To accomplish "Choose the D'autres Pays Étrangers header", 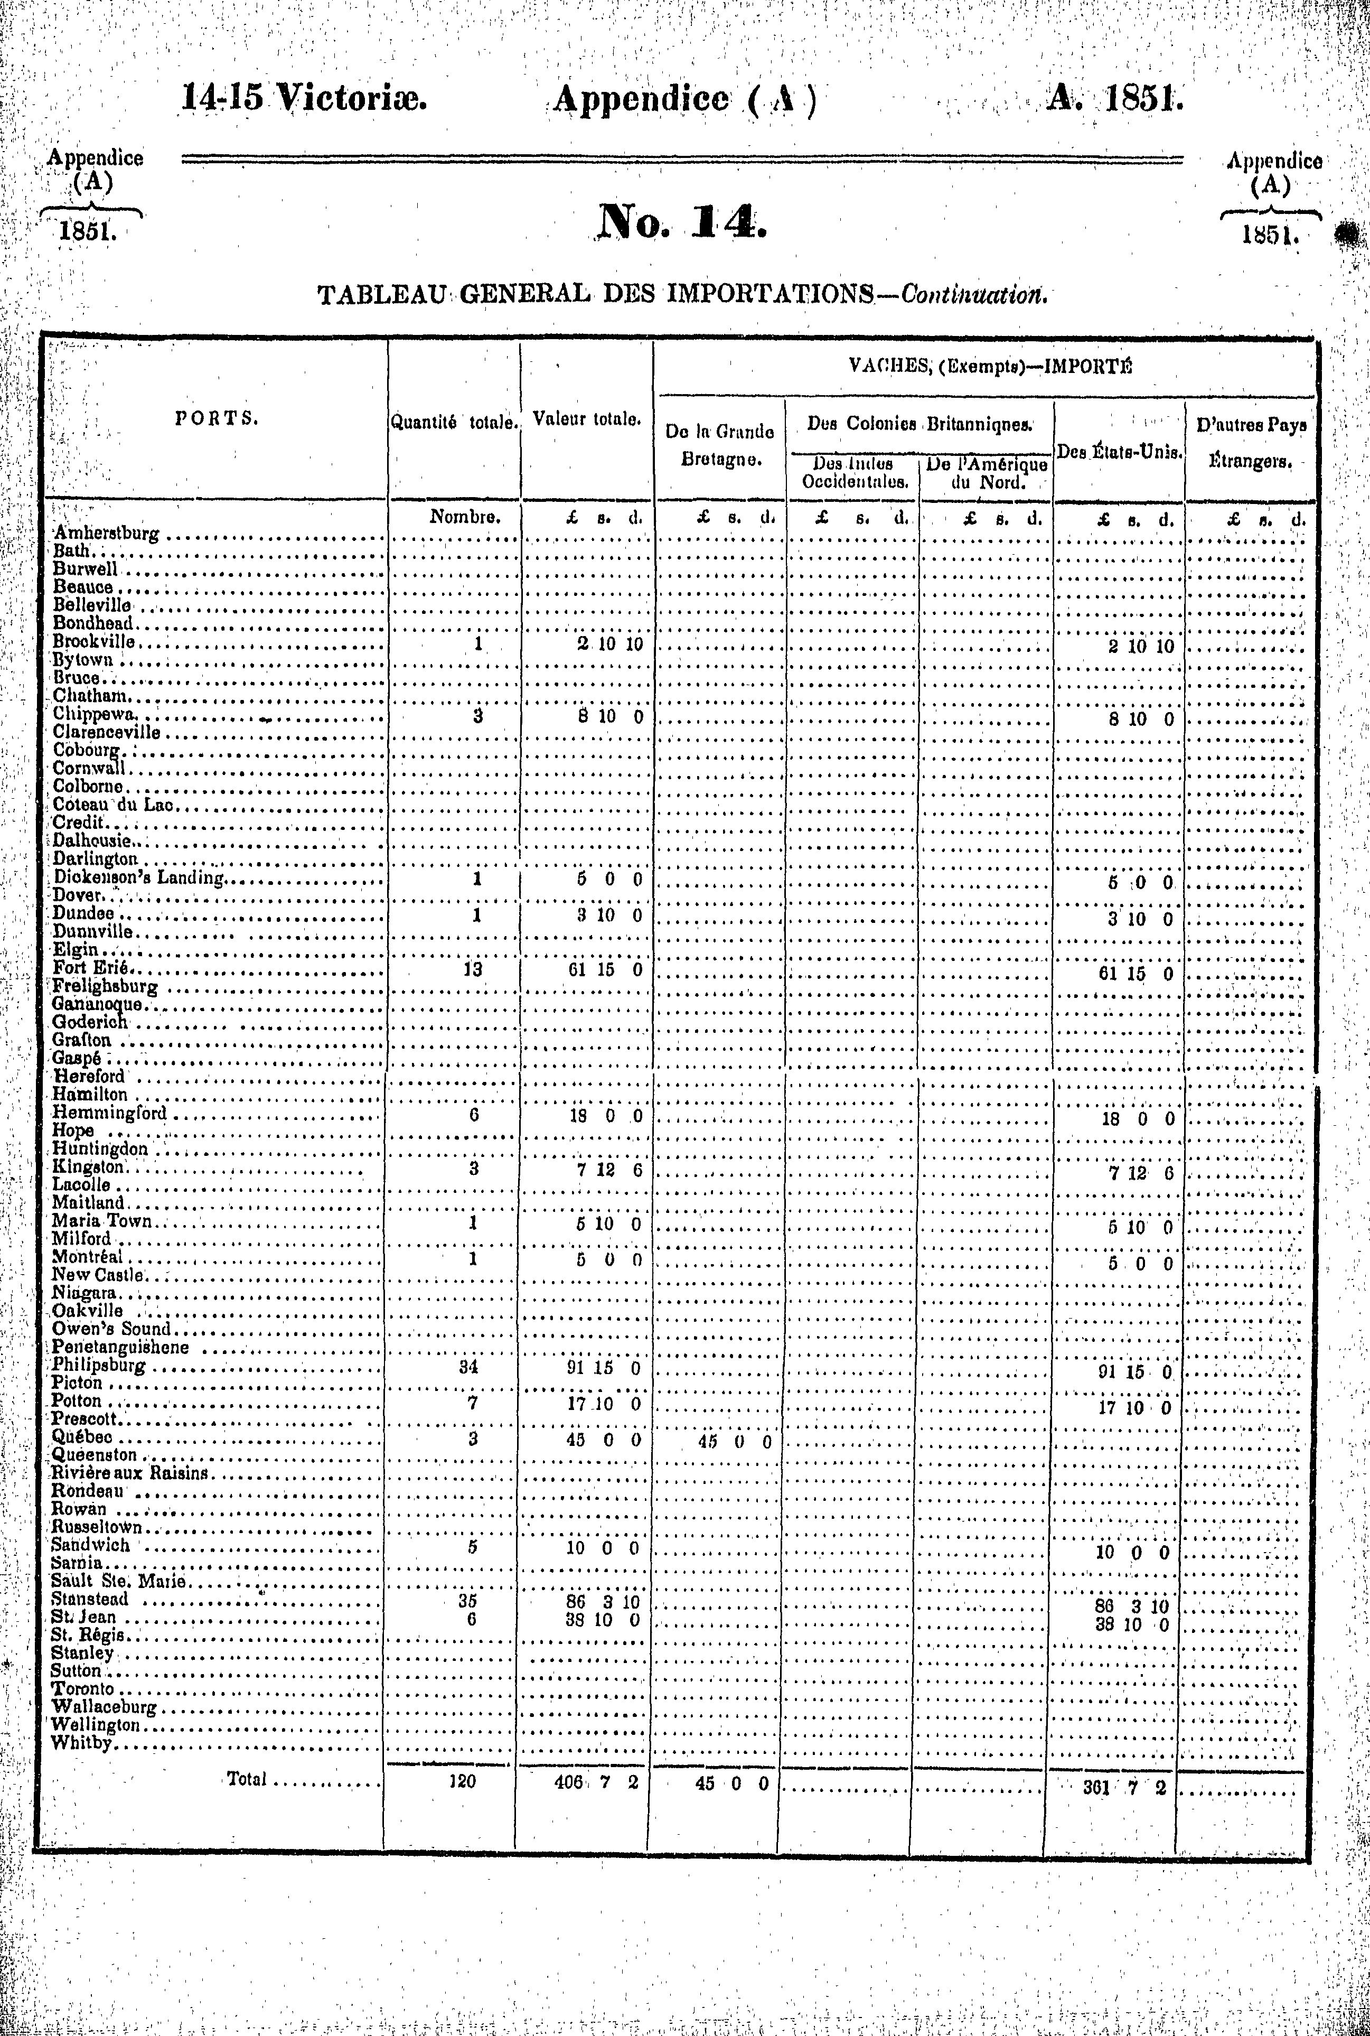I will pos(1250,444).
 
